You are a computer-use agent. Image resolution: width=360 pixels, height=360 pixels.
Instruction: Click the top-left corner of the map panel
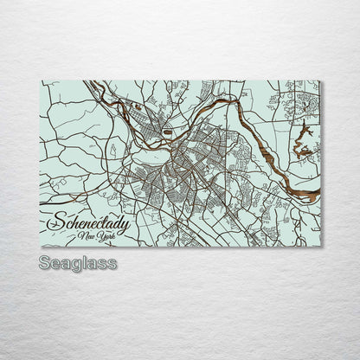pyautogui.click(x=41, y=80)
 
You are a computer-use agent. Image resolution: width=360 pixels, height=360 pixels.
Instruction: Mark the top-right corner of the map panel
pyautogui.click(x=319, y=80)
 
